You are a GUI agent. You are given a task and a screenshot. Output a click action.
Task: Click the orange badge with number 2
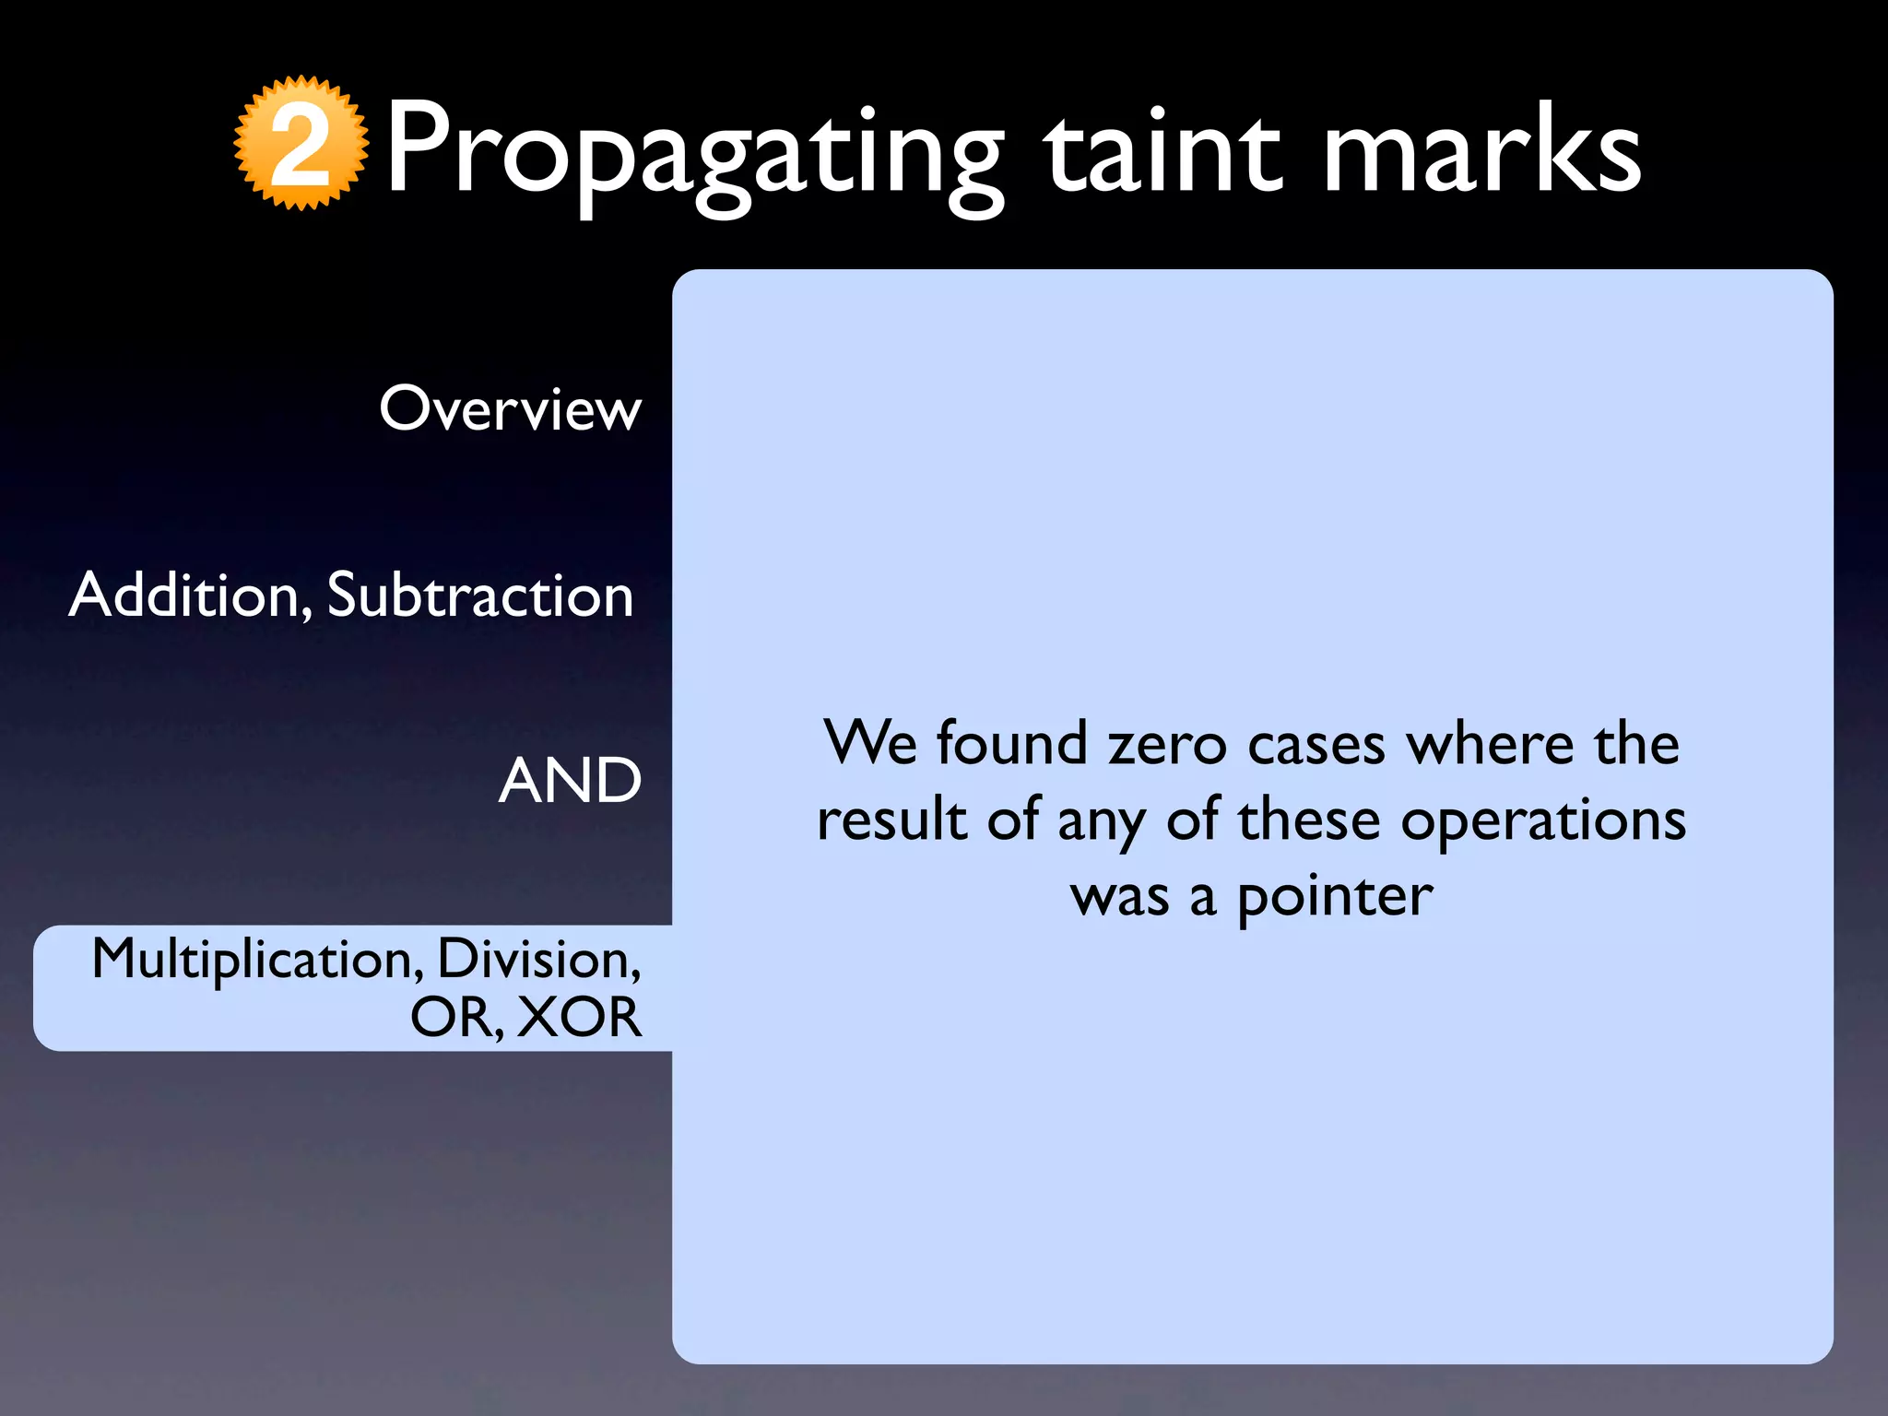coord(301,144)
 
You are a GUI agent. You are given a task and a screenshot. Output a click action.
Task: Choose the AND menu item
coord(569,781)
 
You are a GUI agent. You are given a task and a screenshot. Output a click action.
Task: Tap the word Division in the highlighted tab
coord(538,959)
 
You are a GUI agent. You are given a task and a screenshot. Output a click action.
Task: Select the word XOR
coord(579,1017)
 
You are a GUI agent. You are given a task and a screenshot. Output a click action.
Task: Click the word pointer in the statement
coord(1334,896)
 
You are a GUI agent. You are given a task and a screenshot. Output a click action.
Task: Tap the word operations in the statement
coord(1543,820)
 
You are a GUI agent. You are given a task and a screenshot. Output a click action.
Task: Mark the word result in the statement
coord(891,820)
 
